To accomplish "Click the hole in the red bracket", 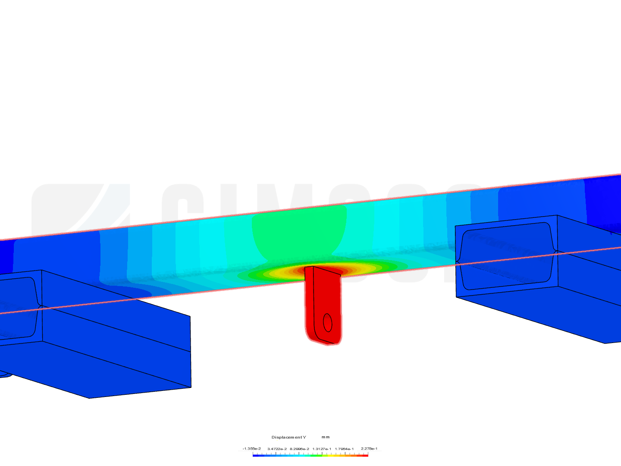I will pyautogui.click(x=327, y=322).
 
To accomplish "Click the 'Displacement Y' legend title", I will pyautogui.click(x=289, y=437).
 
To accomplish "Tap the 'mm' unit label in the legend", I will pyautogui.click(x=326, y=437).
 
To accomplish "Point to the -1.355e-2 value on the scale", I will pyautogui.click(x=251, y=449).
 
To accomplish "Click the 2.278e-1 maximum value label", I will pyautogui.click(x=369, y=449).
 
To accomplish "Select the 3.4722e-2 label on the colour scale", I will pyautogui.click(x=277, y=449).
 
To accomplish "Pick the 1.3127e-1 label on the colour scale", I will pyautogui.click(x=322, y=449).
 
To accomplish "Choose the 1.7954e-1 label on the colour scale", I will pyautogui.click(x=344, y=449).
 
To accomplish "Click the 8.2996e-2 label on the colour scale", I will pyautogui.click(x=299, y=449).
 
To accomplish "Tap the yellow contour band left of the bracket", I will pyautogui.click(x=280, y=272).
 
